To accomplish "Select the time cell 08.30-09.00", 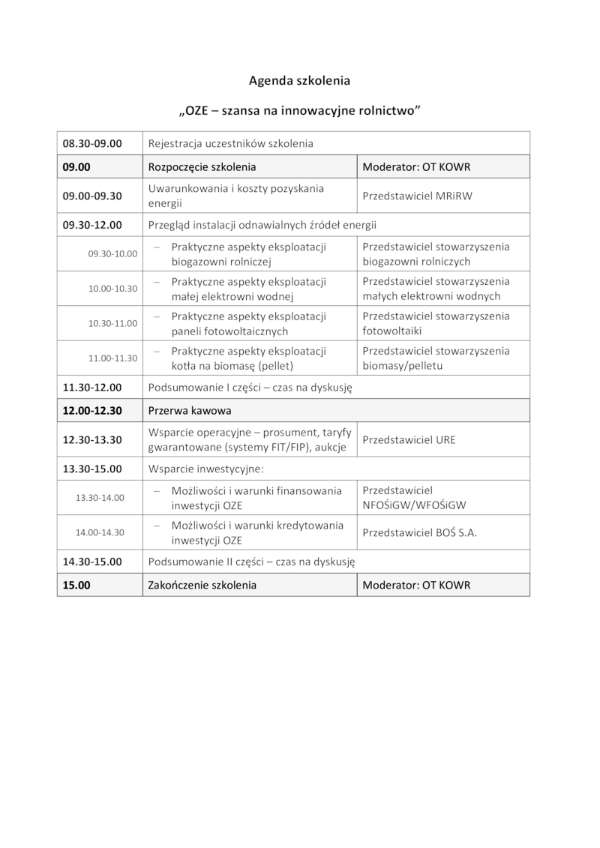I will pyautogui.click(x=92, y=143).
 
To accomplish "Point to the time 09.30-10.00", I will pyautogui.click(x=112, y=253).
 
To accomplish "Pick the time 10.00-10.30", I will pyautogui.click(x=112, y=289).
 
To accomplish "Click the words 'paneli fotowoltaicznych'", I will pyautogui.click(x=219, y=331).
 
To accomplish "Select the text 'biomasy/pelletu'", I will pyautogui.click(x=403, y=366).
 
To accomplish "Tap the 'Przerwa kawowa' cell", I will pyautogui.click(x=190, y=411).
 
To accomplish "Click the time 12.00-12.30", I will pyautogui.click(x=92, y=411).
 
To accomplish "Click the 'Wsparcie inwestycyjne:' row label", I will pyautogui.click(x=206, y=469).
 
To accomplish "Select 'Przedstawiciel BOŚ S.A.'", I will pyautogui.click(x=419, y=533).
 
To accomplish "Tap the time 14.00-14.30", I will pyautogui.click(x=100, y=532).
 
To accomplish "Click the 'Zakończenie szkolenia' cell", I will pyautogui.click(x=202, y=585).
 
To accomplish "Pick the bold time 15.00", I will pyautogui.click(x=76, y=585).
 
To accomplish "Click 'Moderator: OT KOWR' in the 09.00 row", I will pyautogui.click(x=416, y=166).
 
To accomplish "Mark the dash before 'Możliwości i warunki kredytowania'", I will pyautogui.click(x=157, y=526).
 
